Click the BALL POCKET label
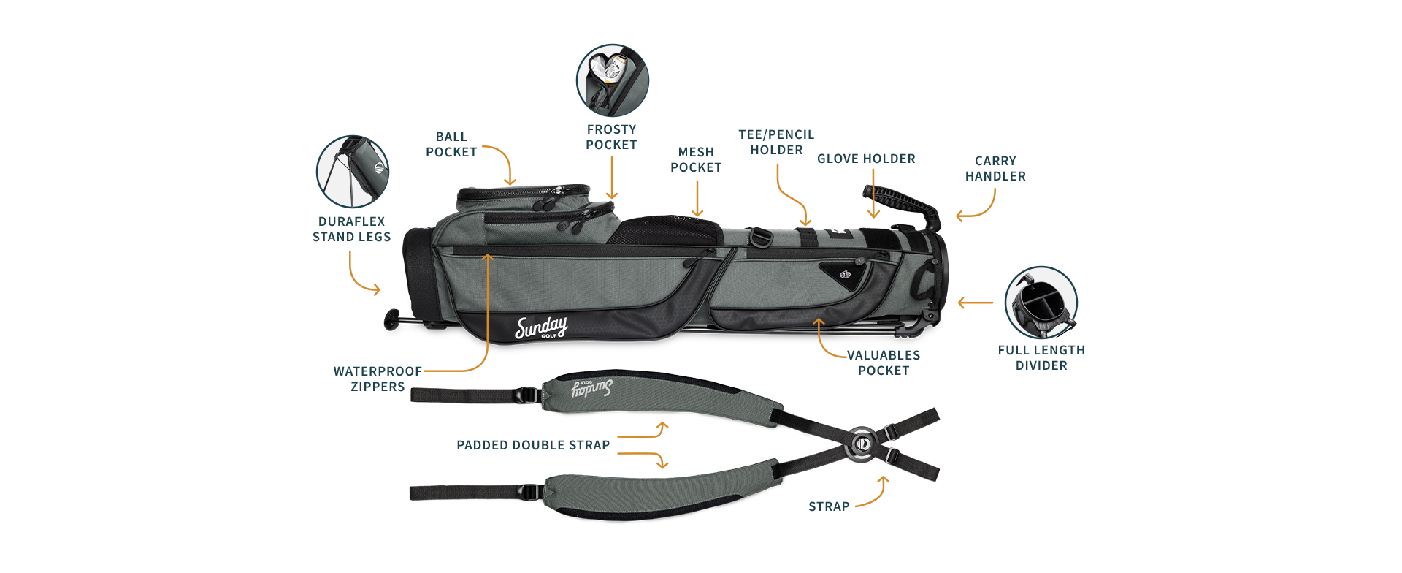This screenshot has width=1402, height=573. [x=451, y=145]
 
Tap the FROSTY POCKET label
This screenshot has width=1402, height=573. [x=611, y=137]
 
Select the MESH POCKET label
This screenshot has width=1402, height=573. [x=696, y=159]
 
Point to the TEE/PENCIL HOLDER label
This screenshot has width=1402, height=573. [x=776, y=142]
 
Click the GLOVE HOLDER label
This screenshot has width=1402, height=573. [x=866, y=159]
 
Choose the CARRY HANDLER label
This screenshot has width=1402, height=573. [x=995, y=168]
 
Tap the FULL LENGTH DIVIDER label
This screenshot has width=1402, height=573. [x=1041, y=357]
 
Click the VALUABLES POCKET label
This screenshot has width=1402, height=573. [x=884, y=363]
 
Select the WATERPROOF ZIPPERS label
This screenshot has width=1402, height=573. [x=378, y=379]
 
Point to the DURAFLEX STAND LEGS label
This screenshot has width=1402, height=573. [x=351, y=229]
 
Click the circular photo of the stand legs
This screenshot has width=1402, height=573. [x=352, y=172]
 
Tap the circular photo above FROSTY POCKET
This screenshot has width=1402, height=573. [x=612, y=80]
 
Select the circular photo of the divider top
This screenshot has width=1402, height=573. [x=1041, y=302]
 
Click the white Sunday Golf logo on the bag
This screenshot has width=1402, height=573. [x=541, y=328]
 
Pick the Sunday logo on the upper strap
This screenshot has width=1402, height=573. [x=591, y=388]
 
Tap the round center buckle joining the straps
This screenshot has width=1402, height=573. [x=862, y=444]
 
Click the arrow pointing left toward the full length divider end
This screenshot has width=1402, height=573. [x=975, y=302]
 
